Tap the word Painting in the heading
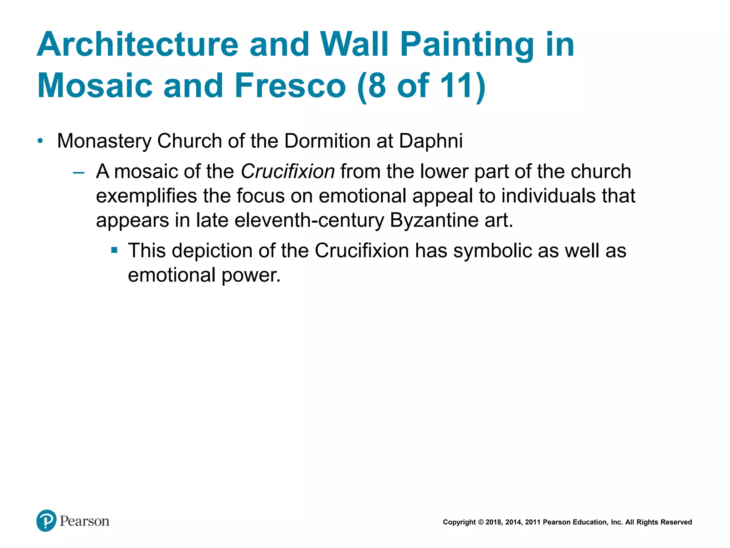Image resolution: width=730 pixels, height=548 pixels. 467,45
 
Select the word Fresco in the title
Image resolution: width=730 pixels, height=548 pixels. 290,86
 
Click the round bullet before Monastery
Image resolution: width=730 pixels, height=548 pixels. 40,141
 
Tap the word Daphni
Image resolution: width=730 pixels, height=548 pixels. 431,141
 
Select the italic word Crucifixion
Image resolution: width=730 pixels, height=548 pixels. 288,171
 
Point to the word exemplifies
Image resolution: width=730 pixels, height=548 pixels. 146,196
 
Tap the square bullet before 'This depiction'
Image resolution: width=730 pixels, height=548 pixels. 114,250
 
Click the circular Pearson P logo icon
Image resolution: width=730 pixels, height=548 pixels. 46,521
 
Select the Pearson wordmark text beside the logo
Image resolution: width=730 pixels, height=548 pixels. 84,521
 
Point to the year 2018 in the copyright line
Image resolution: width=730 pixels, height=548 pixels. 493,522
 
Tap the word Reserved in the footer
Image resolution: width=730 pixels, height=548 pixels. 676,522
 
